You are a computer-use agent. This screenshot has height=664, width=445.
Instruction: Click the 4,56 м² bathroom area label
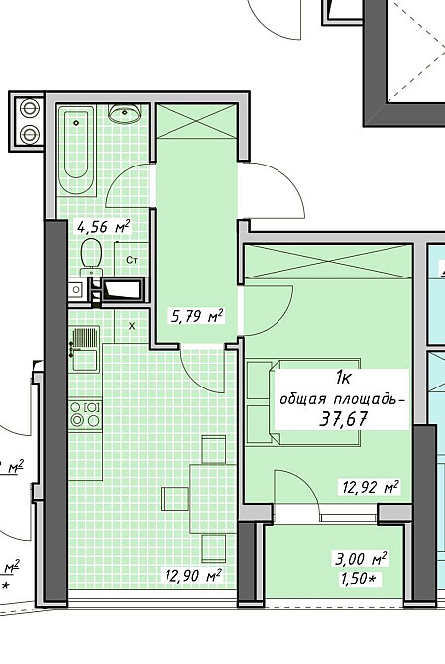103,227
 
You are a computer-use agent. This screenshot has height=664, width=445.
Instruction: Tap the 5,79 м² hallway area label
196,316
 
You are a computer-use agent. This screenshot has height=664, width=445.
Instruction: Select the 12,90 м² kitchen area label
193,575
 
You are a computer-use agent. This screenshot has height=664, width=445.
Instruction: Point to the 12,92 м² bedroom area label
370,487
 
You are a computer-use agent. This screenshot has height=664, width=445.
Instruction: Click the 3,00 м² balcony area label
361,559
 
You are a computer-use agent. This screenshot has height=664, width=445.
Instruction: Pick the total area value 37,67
343,419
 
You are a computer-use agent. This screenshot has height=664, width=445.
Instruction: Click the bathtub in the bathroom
76,150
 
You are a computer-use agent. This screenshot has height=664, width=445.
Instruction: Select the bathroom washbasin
125,113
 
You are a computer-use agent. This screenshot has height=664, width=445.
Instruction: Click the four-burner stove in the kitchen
85,414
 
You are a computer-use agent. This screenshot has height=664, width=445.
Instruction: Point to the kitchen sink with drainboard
85,349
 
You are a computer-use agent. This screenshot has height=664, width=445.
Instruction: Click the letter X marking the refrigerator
132,326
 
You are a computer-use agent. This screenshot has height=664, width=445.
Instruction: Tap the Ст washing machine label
132,260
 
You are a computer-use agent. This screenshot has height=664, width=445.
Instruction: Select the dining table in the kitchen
212,498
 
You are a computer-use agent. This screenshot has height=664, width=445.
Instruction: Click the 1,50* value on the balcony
359,579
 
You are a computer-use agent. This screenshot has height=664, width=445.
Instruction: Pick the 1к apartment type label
343,378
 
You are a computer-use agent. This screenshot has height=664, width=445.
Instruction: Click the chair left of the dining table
174,498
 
